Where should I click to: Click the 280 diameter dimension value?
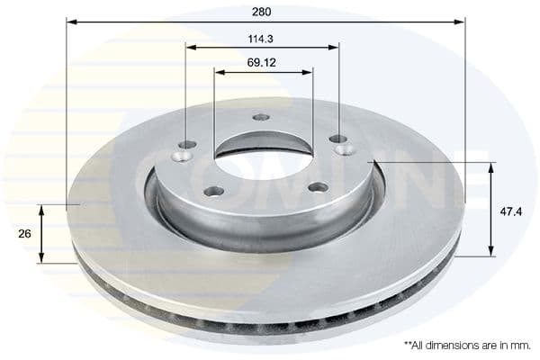(x=262, y=13)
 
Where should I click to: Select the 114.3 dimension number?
(x=262, y=39)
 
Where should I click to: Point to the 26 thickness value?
(x=24, y=233)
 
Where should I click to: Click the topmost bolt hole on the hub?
(x=261, y=117)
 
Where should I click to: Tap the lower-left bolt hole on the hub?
(x=214, y=190)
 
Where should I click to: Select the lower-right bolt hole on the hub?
(x=318, y=187)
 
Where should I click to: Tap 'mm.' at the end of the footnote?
(x=521, y=346)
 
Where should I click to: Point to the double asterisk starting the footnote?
(x=409, y=344)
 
